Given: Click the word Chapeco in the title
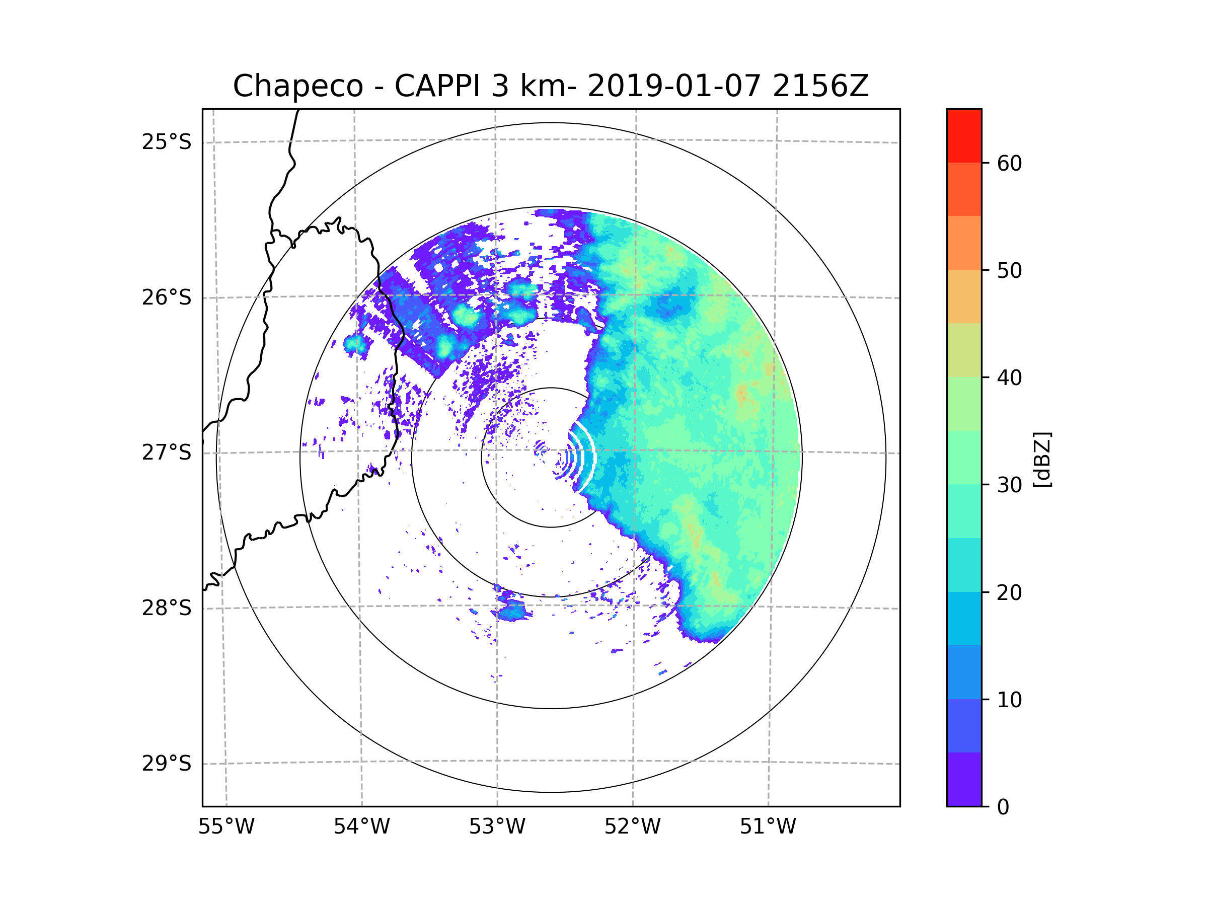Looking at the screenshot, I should point(297,86).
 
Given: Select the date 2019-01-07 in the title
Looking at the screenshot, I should point(673,86).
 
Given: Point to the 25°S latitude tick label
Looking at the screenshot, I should point(167,142).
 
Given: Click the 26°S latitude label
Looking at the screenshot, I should point(167,297).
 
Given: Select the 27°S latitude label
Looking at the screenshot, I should point(167,452).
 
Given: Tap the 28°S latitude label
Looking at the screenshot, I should point(167,608).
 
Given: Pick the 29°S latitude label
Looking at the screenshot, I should point(167,764).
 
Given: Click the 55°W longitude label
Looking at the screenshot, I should point(226,827).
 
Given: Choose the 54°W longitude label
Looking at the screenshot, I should point(361,827).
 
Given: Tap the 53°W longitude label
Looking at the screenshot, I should point(497,827).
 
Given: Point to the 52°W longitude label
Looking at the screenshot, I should point(632,827).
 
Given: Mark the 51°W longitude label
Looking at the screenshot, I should point(768,827).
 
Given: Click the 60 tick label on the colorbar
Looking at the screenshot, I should point(1009,163).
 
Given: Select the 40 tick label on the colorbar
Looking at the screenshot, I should point(1009,378).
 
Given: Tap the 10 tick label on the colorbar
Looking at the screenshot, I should point(1009,700).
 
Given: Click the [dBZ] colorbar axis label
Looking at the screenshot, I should point(1042,459).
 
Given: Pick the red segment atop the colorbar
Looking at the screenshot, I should point(964,135).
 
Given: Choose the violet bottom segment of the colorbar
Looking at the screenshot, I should point(964,779).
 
